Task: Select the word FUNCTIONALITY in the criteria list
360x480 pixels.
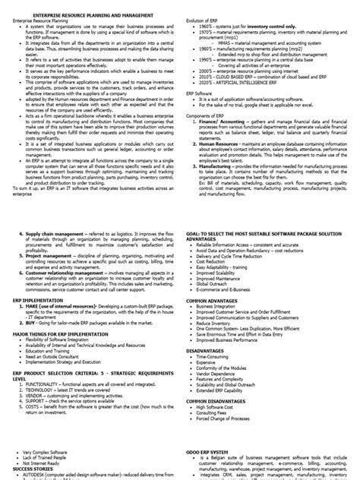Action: coord(41,362)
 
